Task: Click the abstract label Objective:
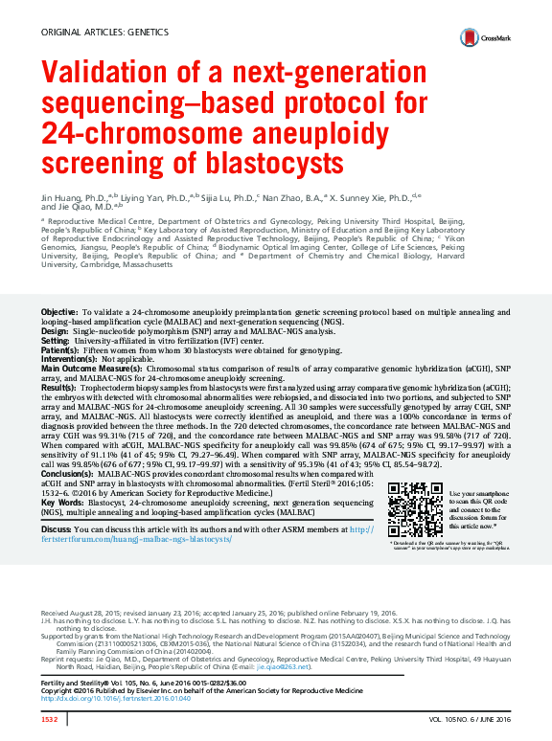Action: (x=59, y=313)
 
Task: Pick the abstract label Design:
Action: (x=55, y=329)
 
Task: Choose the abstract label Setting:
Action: (x=56, y=340)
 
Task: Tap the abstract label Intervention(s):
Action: (x=71, y=357)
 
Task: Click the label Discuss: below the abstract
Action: (x=57, y=528)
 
